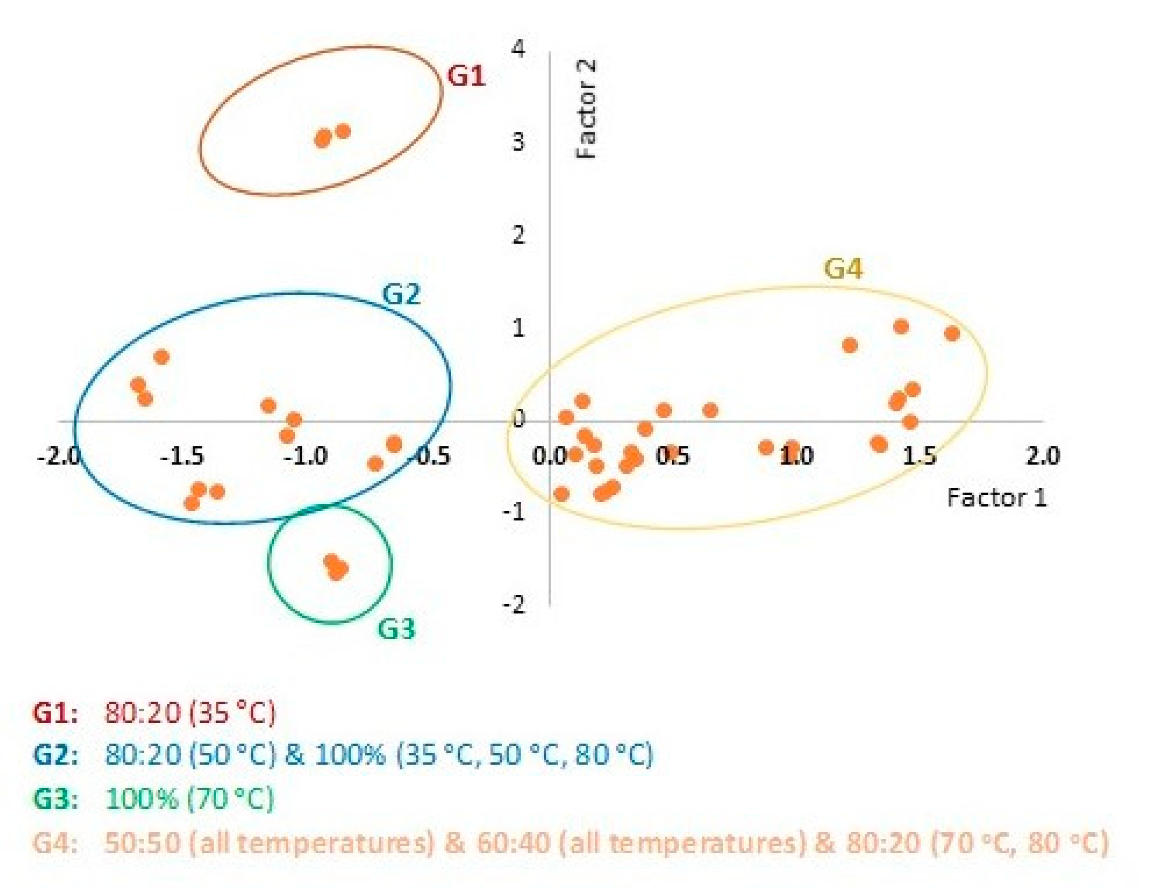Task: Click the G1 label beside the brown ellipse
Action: [466, 76]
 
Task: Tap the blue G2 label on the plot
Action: [401, 295]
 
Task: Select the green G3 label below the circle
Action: [396, 629]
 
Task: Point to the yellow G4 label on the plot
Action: [843, 269]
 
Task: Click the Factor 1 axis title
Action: [997, 498]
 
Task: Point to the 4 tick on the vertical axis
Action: [518, 49]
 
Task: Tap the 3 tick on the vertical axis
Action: [518, 142]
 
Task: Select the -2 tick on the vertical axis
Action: [513, 605]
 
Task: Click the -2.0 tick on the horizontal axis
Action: [59, 456]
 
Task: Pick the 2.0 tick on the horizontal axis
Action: [1042, 456]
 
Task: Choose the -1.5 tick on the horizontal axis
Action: [182, 456]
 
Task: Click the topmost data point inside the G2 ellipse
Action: [162, 357]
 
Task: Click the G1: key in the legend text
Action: [55, 712]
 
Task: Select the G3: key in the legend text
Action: [55, 799]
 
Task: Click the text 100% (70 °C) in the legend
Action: [189, 799]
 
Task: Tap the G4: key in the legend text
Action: [55, 842]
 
